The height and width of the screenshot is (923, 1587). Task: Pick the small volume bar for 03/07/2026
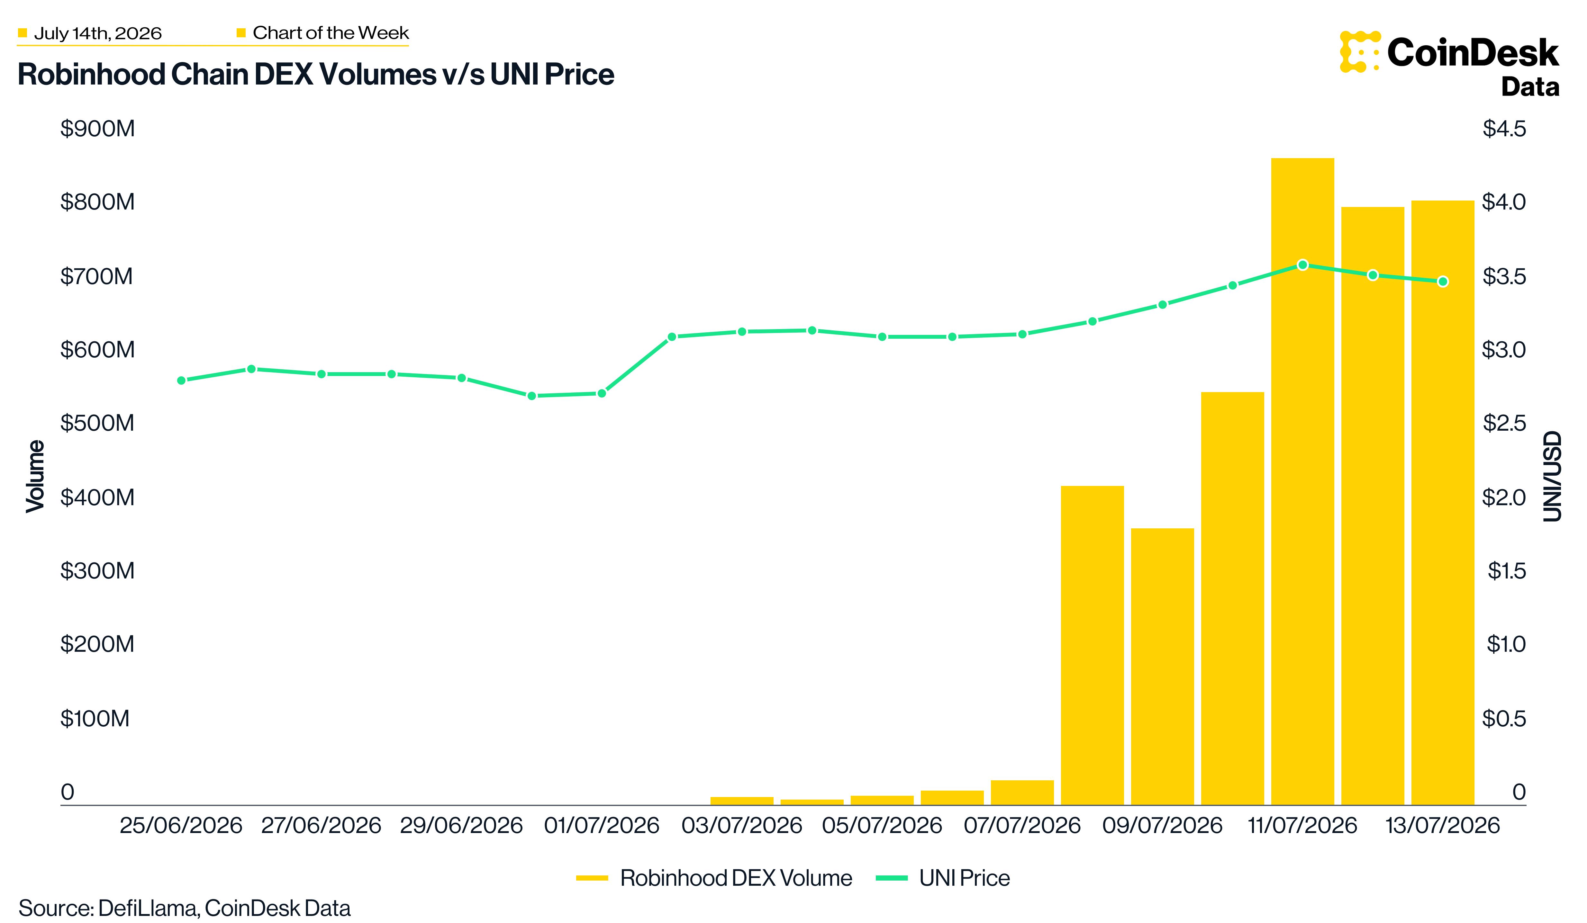click(x=742, y=801)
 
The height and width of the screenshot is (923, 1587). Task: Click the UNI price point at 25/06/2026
click(x=181, y=380)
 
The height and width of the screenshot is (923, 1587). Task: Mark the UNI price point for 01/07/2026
click(x=602, y=393)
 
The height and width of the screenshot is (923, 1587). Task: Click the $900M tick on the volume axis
click(x=98, y=129)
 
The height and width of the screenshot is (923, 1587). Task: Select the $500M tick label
click(x=98, y=423)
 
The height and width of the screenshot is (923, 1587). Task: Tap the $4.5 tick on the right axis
click(x=1504, y=129)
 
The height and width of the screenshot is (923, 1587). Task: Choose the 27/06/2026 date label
click(x=321, y=825)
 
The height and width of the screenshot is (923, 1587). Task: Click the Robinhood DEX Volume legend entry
click(x=714, y=878)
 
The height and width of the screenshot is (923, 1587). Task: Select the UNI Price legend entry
click(x=943, y=878)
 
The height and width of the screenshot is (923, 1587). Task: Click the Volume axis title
click(x=35, y=476)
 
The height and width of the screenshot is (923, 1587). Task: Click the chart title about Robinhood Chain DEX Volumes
click(x=315, y=74)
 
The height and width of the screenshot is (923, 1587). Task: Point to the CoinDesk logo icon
click(x=1360, y=52)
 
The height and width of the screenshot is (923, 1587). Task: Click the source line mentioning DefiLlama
click(x=185, y=908)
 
